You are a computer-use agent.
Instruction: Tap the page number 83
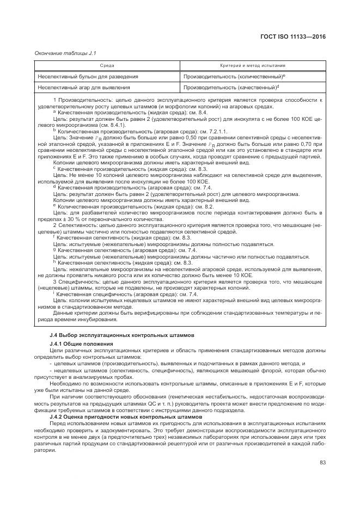pyautogui.click(x=322, y=462)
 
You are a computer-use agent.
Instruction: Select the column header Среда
pyautogui.click(x=107, y=65)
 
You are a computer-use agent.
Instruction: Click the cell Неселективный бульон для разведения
pyautogui.click(x=87, y=77)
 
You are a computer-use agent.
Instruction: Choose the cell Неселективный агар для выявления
pyautogui.click(x=83, y=87)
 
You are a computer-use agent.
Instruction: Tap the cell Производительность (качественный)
pyautogui.click(x=230, y=87)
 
